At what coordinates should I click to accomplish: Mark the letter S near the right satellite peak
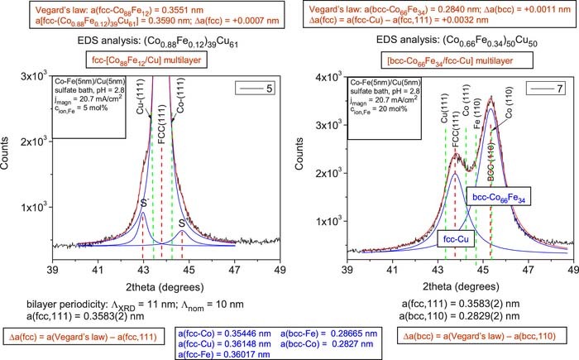179,223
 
